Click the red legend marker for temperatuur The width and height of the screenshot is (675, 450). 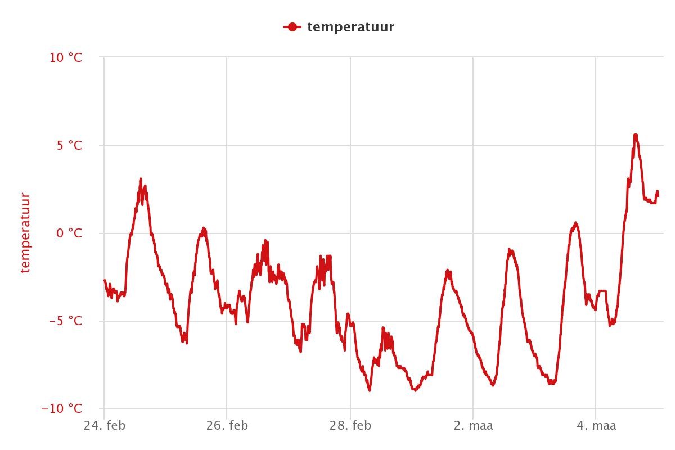pyautogui.click(x=292, y=27)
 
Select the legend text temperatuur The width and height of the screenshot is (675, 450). pyautogui.click(x=351, y=28)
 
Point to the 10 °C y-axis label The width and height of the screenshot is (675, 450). pyautogui.click(x=66, y=57)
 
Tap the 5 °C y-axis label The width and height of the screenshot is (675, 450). pyautogui.click(x=69, y=145)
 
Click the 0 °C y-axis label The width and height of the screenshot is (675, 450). pyautogui.click(x=69, y=233)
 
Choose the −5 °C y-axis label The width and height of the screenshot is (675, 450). pyautogui.click(x=66, y=321)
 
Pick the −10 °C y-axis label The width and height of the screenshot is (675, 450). pyautogui.click(x=62, y=408)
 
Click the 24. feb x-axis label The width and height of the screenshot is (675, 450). pyautogui.click(x=105, y=426)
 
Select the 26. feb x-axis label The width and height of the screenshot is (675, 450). pyautogui.click(x=227, y=426)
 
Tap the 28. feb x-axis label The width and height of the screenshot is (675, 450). pyautogui.click(x=350, y=426)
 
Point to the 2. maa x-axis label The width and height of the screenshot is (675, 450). pyautogui.click(x=473, y=426)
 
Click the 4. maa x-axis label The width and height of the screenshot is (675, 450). pyautogui.click(x=596, y=426)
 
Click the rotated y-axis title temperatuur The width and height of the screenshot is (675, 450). pyautogui.click(x=26, y=233)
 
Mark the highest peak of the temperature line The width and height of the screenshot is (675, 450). pyautogui.click(x=636, y=135)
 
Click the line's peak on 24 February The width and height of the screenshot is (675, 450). pyautogui.click(x=141, y=179)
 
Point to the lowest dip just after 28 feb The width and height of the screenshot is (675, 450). pyautogui.click(x=370, y=390)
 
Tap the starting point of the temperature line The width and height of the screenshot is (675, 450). pyautogui.click(x=105, y=280)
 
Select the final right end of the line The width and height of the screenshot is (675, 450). pyautogui.click(x=658, y=195)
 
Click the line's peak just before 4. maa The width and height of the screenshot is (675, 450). pyautogui.click(x=575, y=223)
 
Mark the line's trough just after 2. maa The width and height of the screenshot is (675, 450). pyautogui.click(x=493, y=385)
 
